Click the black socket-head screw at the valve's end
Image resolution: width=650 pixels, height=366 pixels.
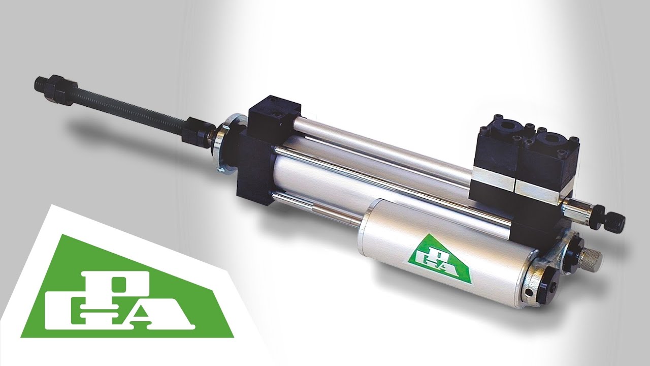[x=614, y=222]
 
